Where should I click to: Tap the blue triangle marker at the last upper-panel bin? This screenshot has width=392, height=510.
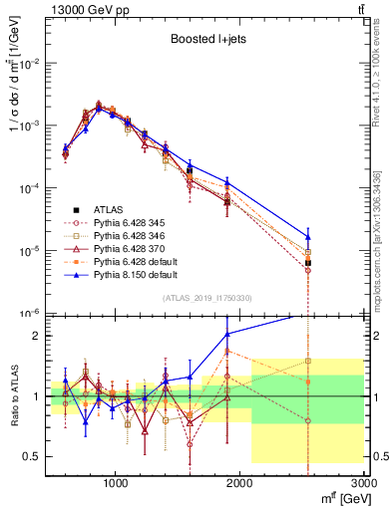(x=308, y=237)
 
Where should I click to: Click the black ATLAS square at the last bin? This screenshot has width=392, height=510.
(x=308, y=263)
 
